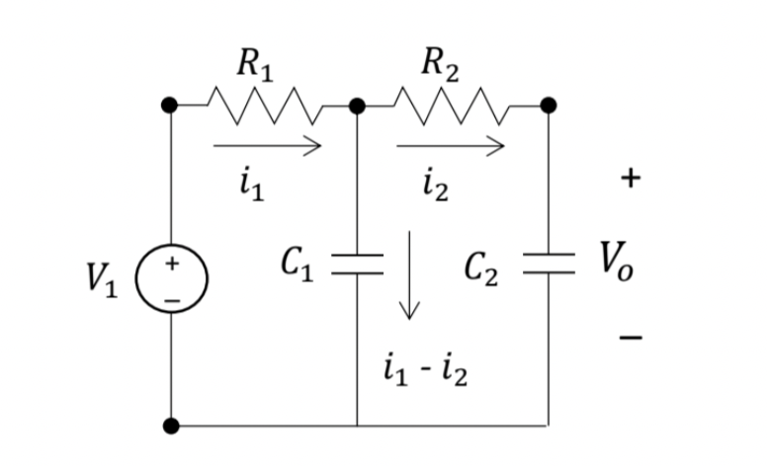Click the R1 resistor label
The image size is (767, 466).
point(255,66)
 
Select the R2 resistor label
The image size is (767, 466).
point(439,66)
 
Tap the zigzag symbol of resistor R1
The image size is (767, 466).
point(265,105)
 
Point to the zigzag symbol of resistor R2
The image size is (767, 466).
point(452,105)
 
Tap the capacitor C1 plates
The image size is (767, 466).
point(357,262)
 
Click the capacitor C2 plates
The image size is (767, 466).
point(548,262)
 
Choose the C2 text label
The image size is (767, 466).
point(483,264)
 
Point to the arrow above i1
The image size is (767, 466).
point(267,146)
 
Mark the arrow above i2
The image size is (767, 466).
point(451,146)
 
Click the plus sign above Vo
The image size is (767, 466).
point(630,179)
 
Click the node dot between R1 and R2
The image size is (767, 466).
point(357,105)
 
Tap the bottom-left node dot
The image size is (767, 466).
point(172,427)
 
